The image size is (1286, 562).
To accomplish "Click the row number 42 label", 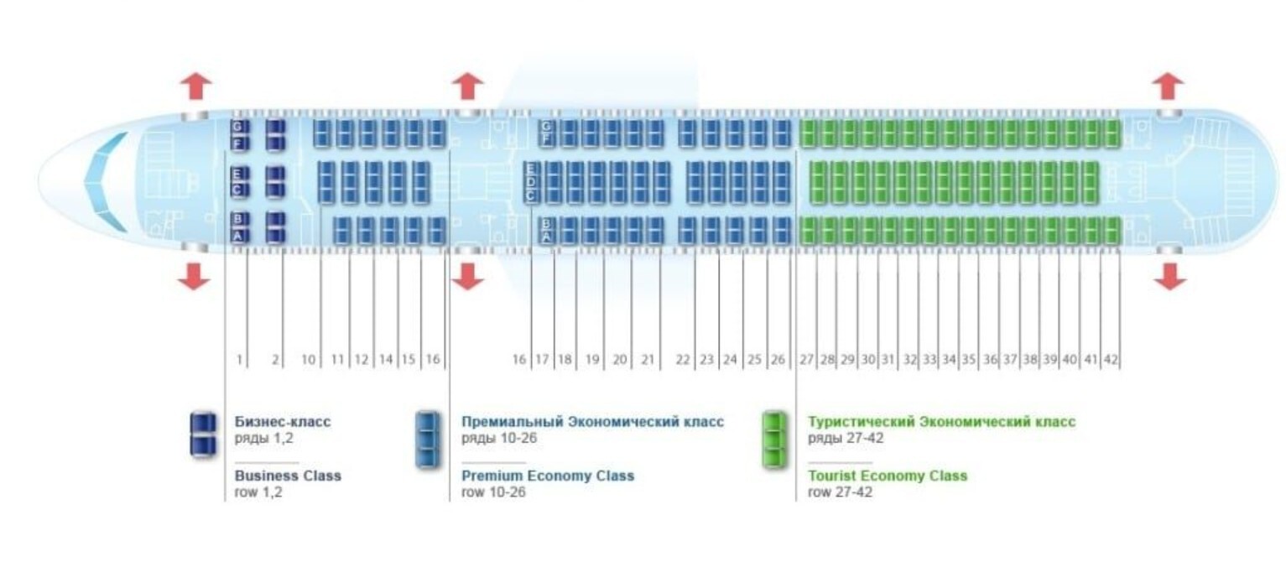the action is [x=1111, y=359].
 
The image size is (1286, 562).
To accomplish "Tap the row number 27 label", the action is [x=807, y=359].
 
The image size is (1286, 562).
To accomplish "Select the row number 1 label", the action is [x=239, y=360].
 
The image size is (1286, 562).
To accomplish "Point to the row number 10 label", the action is [x=309, y=360].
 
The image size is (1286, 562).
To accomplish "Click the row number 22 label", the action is [x=683, y=359].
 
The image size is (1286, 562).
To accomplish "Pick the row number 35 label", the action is [x=969, y=359].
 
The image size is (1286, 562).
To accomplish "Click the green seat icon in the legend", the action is [x=774, y=440].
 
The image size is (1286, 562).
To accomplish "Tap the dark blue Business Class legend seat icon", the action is [x=203, y=435].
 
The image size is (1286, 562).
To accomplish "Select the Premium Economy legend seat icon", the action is [x=428, y=440].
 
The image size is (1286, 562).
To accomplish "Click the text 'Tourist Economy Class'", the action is [x=888, y=476].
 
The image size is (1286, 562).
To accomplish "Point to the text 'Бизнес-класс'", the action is [x=283, y=422].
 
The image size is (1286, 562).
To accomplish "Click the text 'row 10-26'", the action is [x=493, y=492].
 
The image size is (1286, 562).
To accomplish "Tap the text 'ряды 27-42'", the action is [x=846, y=438].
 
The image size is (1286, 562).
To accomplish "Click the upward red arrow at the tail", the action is [x=1169, y=86].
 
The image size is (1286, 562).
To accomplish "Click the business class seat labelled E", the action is [x=239, y=174].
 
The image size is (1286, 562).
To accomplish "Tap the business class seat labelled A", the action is [x=239, y=236].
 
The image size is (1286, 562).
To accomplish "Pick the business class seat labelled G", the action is [x=239, y=127].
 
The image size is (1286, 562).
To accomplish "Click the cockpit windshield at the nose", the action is [x=107, y=182].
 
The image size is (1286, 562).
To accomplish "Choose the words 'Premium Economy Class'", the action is [x=548, y=476].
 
